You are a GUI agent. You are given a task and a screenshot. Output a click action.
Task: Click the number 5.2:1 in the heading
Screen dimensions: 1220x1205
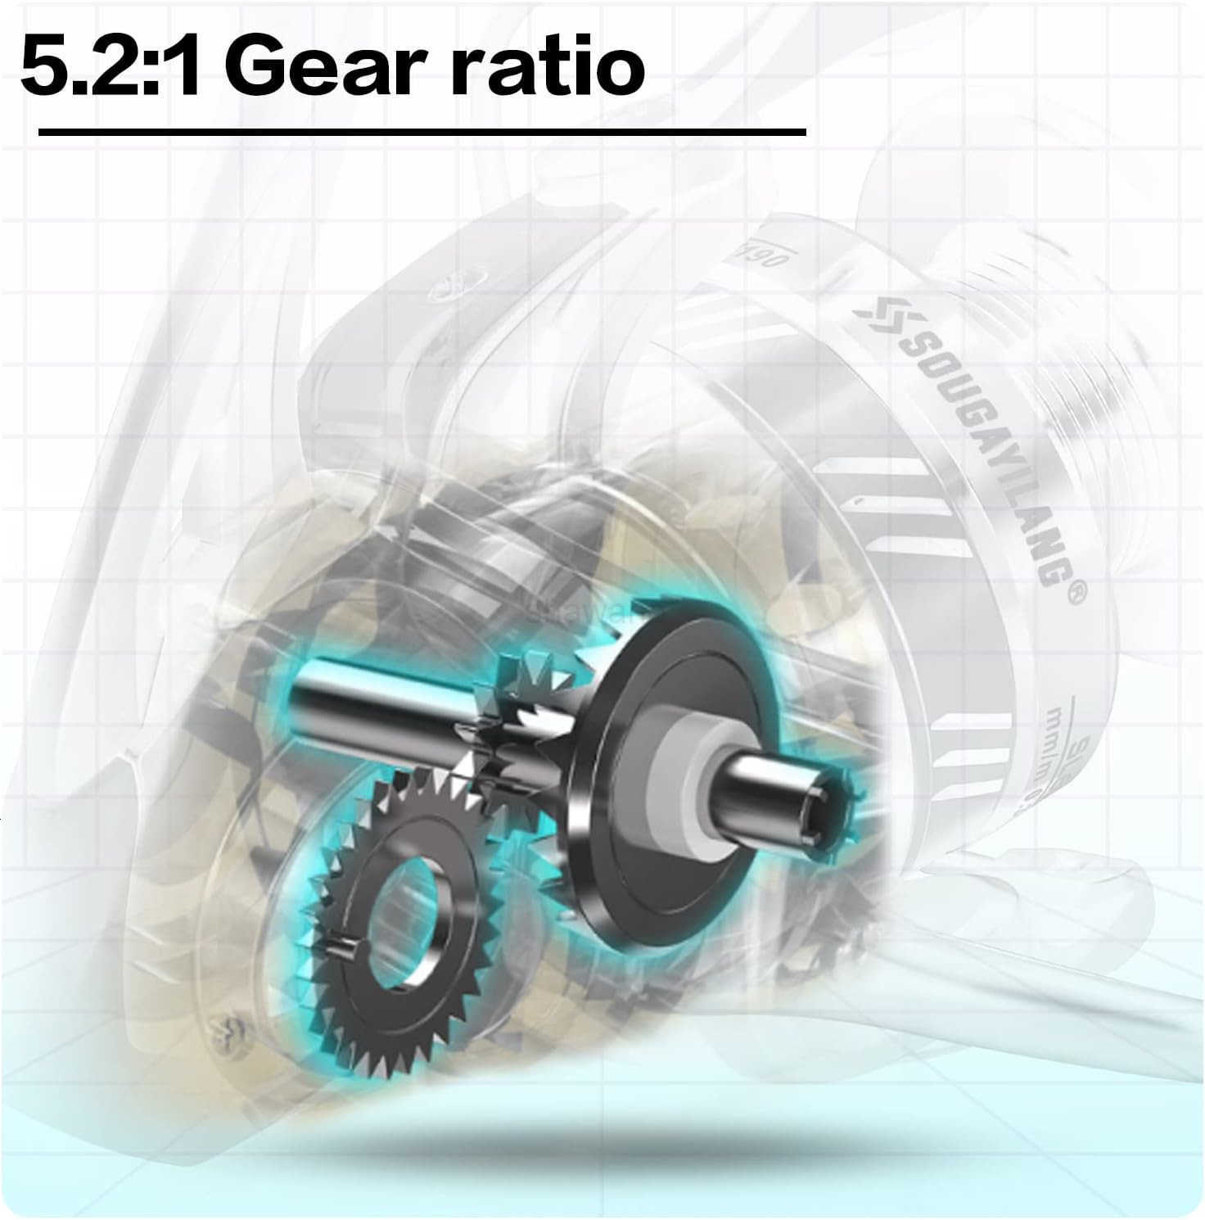pos(111,66)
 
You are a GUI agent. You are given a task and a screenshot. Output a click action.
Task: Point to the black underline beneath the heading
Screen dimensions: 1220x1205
pos(422,131)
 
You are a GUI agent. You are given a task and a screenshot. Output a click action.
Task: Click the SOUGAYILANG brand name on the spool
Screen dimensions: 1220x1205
pos(974,446)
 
